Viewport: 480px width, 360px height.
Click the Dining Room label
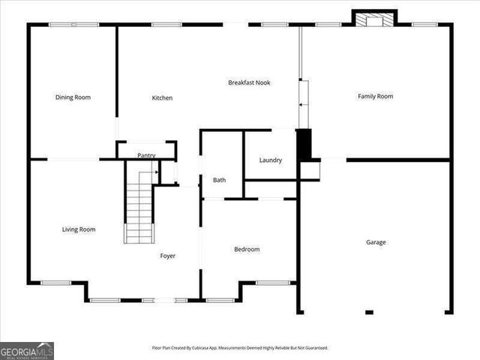tap(73, 97)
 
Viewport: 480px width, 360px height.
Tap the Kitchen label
tap(162, 97)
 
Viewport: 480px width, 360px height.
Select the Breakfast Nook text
tap(249, 82)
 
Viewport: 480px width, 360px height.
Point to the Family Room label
tap(375, 96)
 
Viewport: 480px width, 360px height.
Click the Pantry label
tap(145, 156)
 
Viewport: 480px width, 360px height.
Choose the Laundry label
tap(270, 160)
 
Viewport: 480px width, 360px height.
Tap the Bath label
tap(219, 180)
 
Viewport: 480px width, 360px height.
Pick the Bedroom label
tap(246, 249)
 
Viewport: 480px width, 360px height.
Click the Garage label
tap(376, 242)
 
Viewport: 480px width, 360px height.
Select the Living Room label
tap(78, 229)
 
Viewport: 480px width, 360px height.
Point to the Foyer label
tap(167, 256)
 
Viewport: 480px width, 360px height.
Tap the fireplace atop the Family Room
tap(374, 19)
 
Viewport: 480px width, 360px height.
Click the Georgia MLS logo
tap(27, 350)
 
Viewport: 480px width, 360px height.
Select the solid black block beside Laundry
tap(304, 145)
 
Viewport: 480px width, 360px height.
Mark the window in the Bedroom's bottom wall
tap(273, 283)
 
